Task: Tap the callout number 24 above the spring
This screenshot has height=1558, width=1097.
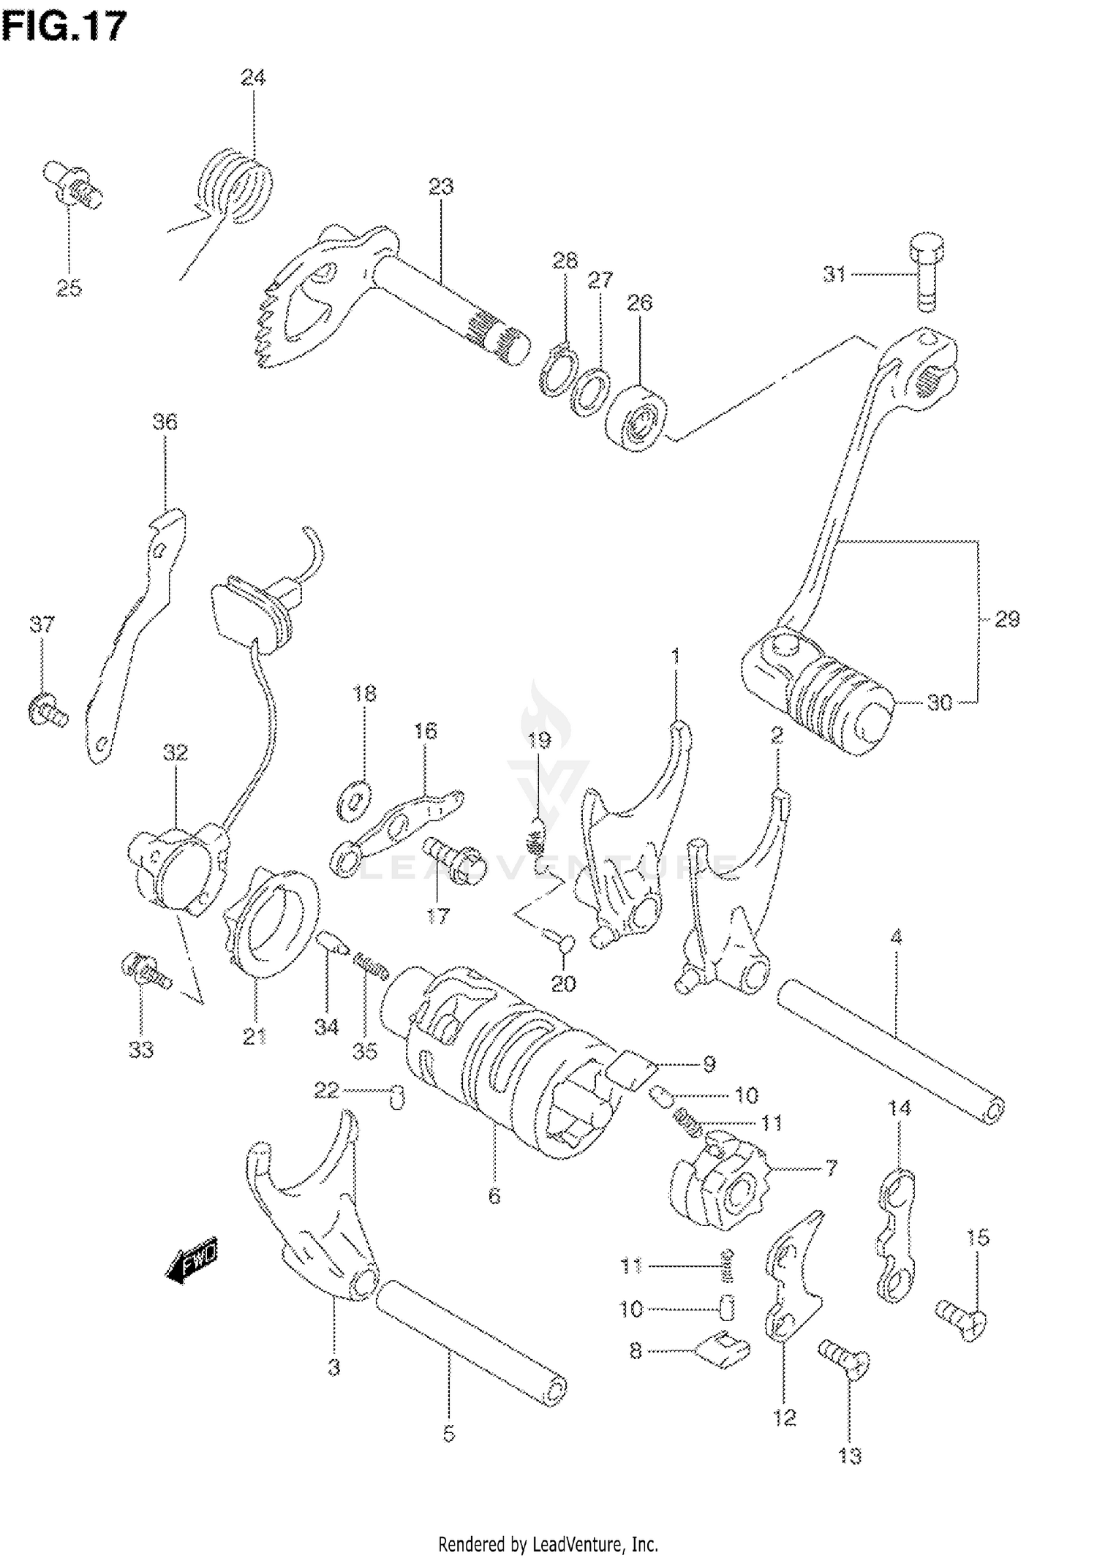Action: point(253,77)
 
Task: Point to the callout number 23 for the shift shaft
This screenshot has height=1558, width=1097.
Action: point(441,186)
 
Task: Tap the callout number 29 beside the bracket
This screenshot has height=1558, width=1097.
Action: point(1007,619)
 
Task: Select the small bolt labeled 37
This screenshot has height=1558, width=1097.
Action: point(48,710)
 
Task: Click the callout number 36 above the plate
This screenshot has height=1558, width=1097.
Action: point(165,422)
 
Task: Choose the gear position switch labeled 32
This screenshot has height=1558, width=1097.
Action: point(176,866)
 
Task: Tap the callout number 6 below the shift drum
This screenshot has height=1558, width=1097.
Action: point(494,1197)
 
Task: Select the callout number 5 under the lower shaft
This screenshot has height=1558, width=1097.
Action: point(448,1434)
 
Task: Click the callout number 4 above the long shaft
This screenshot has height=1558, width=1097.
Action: point(896,937)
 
